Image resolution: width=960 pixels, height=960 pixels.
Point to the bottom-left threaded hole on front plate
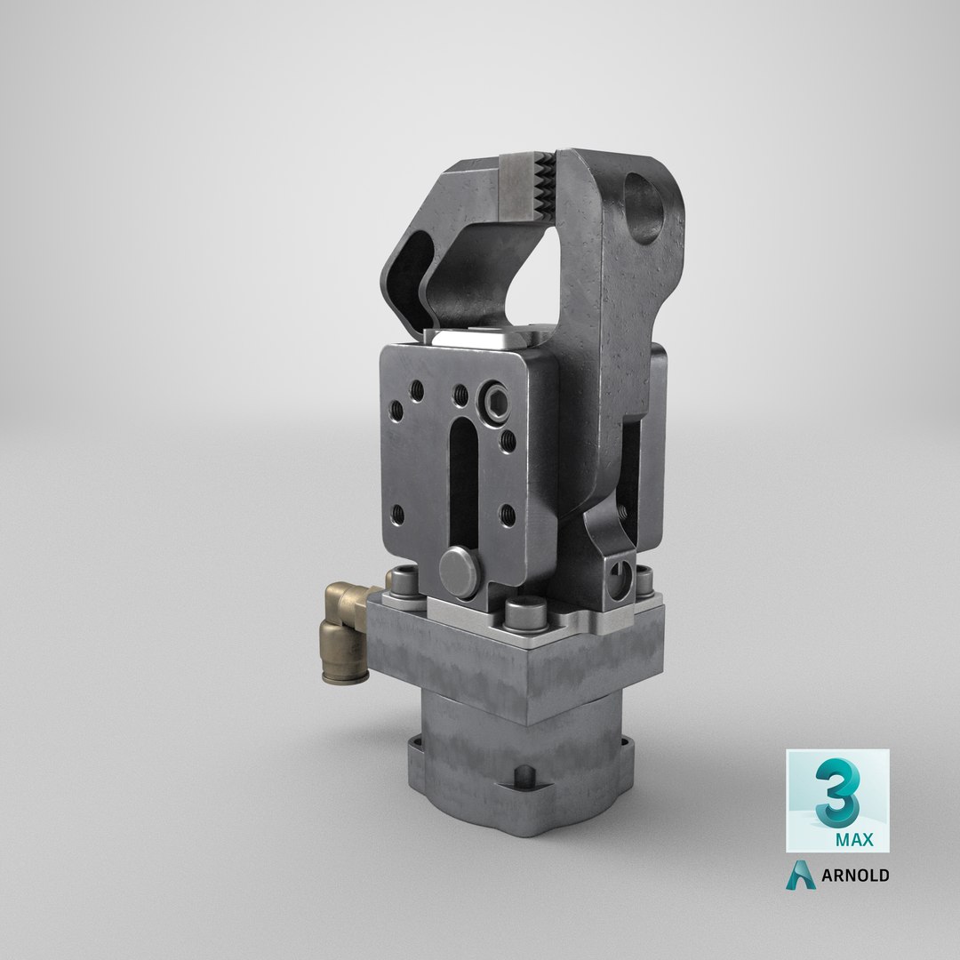pyautogui.click(x=398, y=513)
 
